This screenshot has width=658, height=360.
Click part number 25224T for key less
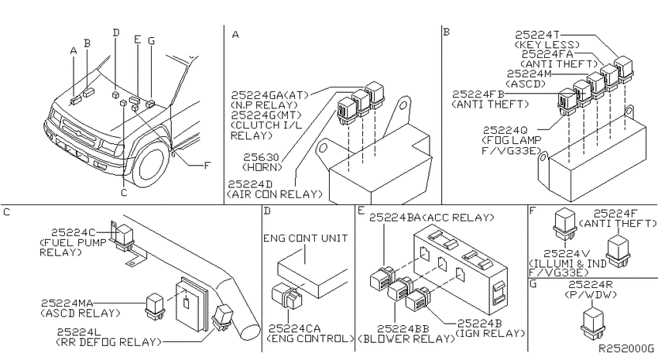[x=537, y=35]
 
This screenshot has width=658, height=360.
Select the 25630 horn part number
[x=261, y=157]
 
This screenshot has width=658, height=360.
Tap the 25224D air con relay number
[x=250, y=184]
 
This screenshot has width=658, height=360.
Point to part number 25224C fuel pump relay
[x=74, y=232]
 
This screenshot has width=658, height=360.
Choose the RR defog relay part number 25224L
[x=79, y=332]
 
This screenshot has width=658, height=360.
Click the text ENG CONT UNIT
[x=306, y=238]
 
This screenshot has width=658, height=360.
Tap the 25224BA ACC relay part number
[x=396, y=218]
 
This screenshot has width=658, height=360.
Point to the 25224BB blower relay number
[x=403, y=329]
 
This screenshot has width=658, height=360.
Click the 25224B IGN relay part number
[x=480, y=324]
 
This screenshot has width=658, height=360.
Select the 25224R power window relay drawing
[x=592, y=322]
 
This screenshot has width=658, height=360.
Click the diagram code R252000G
[x=625, y=348]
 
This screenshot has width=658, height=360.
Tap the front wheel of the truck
[x=149, y=166]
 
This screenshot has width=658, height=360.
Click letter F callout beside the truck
[x=207, y=166]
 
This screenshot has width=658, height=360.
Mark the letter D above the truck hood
[x=116, y=33]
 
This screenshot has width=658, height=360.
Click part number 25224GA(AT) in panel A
[x=269, y=94]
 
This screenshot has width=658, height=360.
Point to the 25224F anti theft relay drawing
[x=619, y=251]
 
